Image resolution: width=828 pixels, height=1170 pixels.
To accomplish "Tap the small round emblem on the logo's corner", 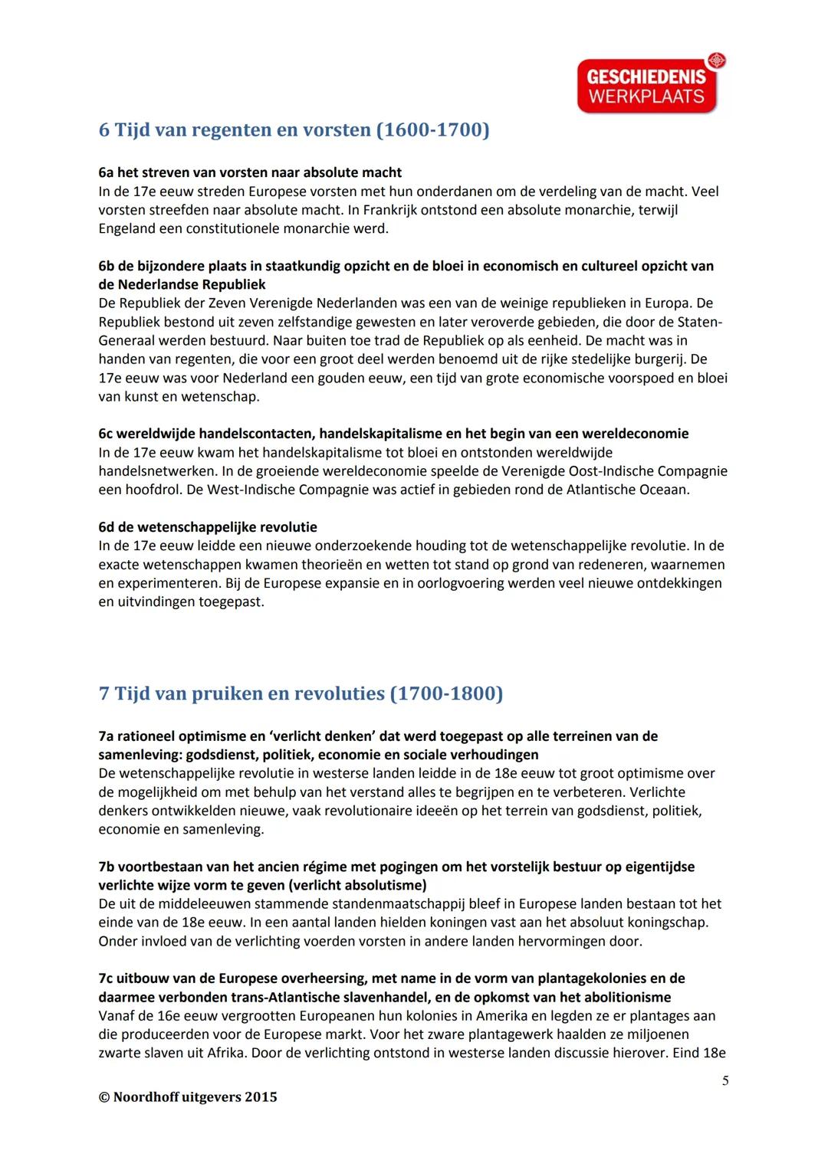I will click(x=717, y=60).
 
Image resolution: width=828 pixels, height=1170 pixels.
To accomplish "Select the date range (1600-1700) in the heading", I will click(x=432, y=129).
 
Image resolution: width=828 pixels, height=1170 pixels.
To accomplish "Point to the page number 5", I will click(x=724, y=1080).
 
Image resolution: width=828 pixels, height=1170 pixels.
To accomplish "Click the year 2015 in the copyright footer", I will click(x=261, y=1096).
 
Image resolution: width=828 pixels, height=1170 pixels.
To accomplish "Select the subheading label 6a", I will click(x=107, y=172).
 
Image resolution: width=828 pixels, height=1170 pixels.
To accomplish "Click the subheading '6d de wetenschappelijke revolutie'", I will click(x=208, y=527).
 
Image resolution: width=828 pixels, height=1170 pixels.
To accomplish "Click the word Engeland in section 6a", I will click(x=126, y=228).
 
